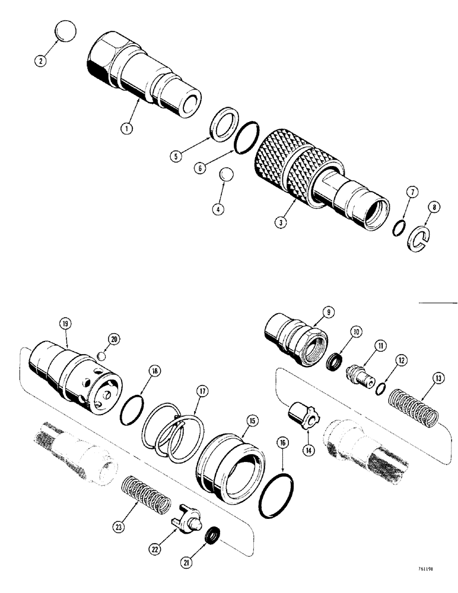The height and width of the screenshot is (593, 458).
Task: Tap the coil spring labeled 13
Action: [416, 410]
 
